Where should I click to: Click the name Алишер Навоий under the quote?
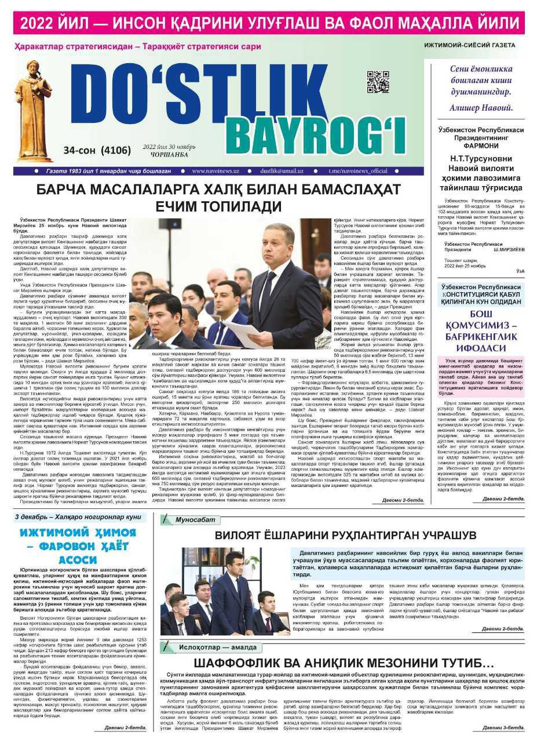pos(480,108)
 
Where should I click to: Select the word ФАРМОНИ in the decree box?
pos(480,147)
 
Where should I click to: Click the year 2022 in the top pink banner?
pos(43,23)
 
